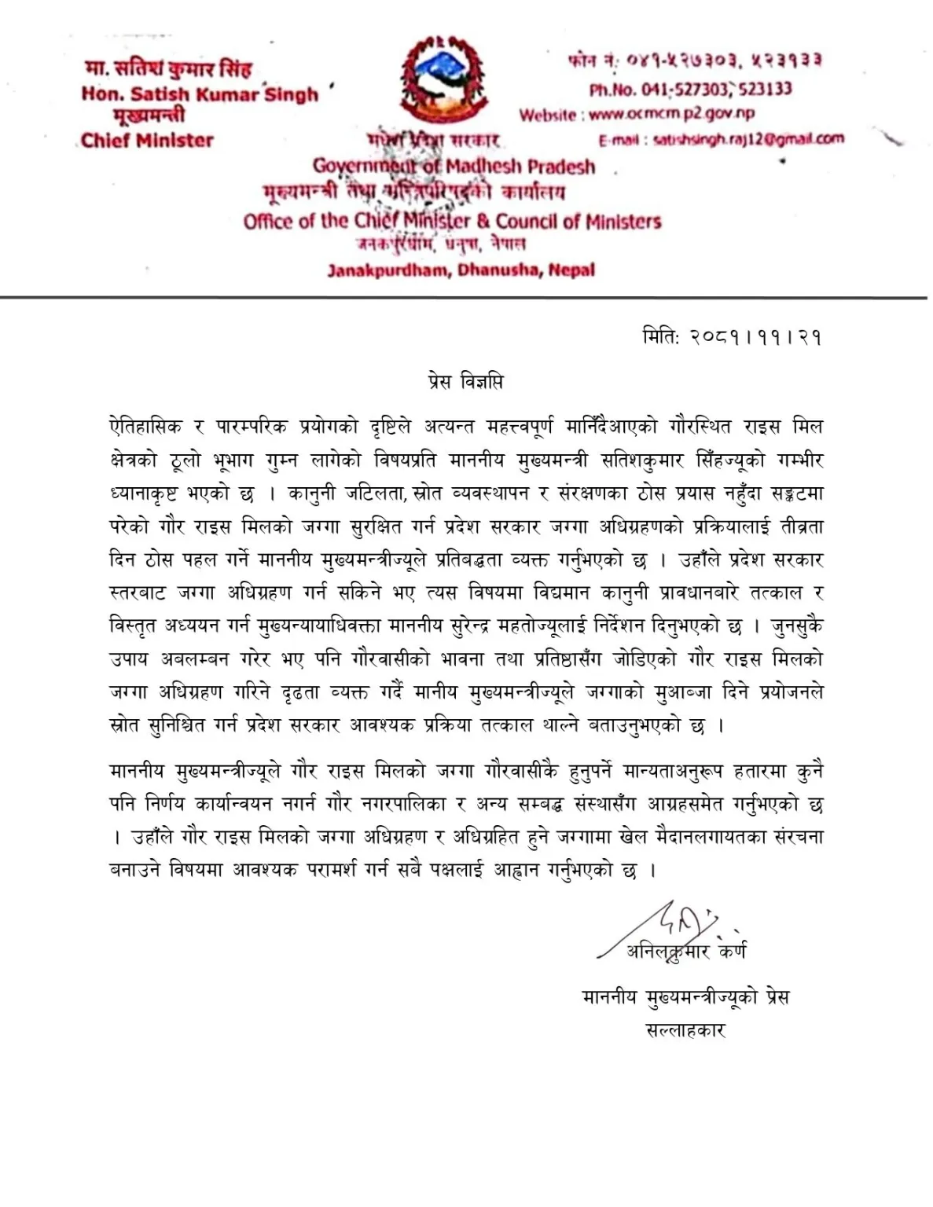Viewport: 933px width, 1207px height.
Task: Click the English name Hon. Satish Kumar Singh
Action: click(200, 94)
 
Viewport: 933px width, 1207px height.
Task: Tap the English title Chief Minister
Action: click(147, 141)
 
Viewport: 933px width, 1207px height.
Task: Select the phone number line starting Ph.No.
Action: click(690, 89)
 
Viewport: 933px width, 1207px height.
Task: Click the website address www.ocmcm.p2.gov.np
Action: click(671, 114)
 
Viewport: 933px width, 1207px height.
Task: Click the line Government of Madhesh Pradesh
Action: click(454, 167)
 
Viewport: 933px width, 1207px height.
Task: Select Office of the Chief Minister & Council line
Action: click(452, 221)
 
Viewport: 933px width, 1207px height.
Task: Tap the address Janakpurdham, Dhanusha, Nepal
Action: click(461, 270)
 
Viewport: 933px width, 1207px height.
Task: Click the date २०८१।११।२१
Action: click(755, 337)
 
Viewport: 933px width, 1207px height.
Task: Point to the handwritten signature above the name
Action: click(676, 923)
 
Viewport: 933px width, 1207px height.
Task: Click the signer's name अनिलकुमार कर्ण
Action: click(685, 952)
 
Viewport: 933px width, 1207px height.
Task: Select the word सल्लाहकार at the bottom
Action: click(685, 1030)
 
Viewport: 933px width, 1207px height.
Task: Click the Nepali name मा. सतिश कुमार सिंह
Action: click(168, 70)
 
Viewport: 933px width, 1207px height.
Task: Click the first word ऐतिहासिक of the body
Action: click(145, 427)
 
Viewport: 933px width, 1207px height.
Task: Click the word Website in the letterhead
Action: click(547, 115)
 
